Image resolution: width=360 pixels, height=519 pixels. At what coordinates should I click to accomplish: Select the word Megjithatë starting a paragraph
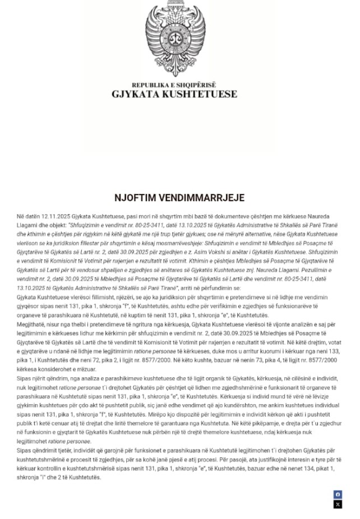click(33, 324)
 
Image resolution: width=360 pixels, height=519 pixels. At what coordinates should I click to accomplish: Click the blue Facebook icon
click(338, 494)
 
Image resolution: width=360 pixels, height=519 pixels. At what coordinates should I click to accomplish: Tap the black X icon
click(338, 504)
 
